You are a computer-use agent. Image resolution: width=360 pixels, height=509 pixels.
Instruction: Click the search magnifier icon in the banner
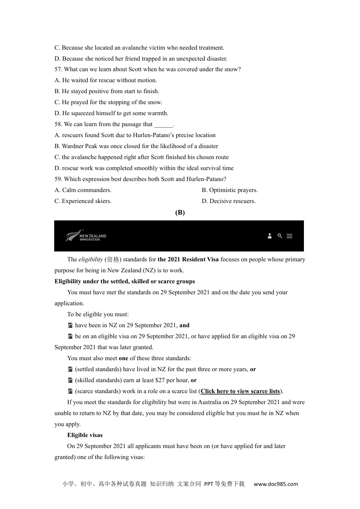[x=280, y=236]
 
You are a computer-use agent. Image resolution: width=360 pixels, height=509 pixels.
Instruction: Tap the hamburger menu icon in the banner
[x=290, y=236]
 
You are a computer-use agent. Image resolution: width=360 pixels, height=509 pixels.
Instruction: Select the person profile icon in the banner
[x=270, y=236]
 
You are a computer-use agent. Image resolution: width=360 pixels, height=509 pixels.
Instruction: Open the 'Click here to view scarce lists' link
[x=240, y=391]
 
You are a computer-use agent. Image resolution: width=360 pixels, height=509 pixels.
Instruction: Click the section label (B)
[x=180, y=212]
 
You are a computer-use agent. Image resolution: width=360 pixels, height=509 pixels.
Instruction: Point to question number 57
[x=58, y=69]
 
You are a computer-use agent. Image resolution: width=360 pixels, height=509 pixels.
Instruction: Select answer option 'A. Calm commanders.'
[x=83, y=190]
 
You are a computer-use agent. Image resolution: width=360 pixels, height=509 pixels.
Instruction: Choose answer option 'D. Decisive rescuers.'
[x=229, y=201]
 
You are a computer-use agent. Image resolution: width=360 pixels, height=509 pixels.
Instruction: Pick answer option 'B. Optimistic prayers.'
[x=230, y=190]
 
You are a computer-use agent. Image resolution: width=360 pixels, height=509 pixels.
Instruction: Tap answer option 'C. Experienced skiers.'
[x=83, y=201]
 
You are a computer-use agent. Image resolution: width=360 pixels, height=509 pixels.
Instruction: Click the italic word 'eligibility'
[x=91, y=259]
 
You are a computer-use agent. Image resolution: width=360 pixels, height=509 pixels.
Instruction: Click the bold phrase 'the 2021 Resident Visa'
[x=188, y=259]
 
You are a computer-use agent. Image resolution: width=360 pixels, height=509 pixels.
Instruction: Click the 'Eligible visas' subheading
[x=85, y=435]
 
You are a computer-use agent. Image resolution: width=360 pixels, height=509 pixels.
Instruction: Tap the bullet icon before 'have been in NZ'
[x=70, y=325]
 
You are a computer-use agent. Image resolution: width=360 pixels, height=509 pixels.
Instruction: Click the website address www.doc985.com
[x=276, y=484]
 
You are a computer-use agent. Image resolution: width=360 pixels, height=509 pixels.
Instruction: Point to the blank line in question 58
[x=163, y=125]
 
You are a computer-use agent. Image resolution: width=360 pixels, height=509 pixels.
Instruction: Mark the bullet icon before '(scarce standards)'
[x=70, y=391]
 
